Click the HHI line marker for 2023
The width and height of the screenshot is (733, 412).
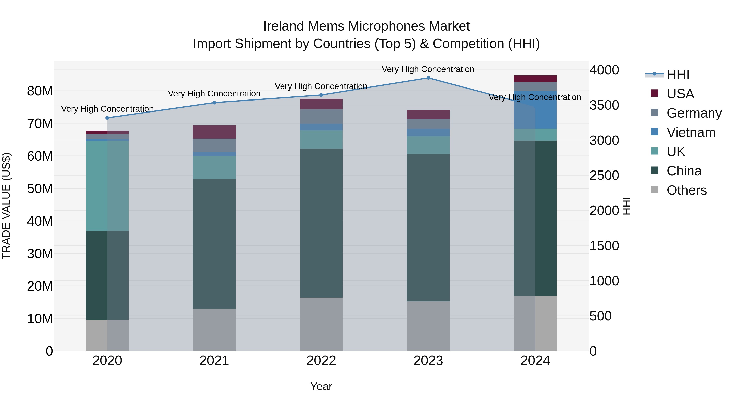click(x=428, y=78)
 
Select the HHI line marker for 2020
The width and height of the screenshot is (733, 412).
click(x=107, y=118)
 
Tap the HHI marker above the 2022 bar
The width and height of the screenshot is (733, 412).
click(x=321, y=95)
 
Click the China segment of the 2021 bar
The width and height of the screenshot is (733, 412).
click(x=214, y=244)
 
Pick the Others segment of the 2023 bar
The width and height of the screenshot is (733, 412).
click(x=428, y=326)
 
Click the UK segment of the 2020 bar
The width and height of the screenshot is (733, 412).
click(x=107, y=186)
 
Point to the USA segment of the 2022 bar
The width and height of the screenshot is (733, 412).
click(x=321, y=104)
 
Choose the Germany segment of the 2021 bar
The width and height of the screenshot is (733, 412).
click(x=214, y=145)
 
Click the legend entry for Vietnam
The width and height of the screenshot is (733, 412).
click(x=691, y=132)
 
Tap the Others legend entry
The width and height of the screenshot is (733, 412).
click(x=686, y=190)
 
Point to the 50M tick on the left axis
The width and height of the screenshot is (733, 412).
click(x=40, y=189)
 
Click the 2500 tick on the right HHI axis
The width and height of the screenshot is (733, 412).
click(x=604, y=175)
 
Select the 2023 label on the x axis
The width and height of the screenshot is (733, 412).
click(x=428, y=361)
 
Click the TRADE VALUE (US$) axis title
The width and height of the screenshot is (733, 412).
click(x=6, y=206)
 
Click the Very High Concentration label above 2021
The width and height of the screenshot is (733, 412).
click(x=214, y=94)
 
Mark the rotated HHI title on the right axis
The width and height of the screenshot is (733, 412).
click(x=627, y=206)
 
